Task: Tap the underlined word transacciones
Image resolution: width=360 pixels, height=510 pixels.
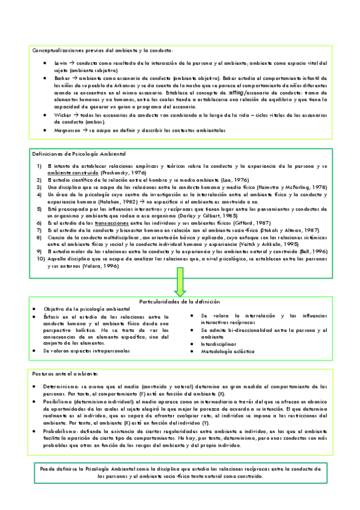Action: click(115, 223)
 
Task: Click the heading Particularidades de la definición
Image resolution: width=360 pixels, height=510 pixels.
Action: click(180, 301)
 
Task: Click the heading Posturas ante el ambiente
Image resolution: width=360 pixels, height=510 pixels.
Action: click(62, 373)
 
